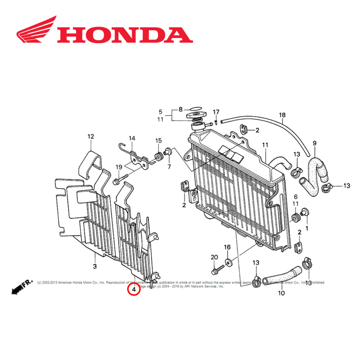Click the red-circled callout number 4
134,289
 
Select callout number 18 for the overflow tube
282,115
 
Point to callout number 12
90,136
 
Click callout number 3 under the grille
95,266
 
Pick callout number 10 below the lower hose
281,293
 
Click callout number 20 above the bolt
214,257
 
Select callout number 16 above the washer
227,247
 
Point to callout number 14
132,138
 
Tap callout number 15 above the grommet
158,140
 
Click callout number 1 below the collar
307,228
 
